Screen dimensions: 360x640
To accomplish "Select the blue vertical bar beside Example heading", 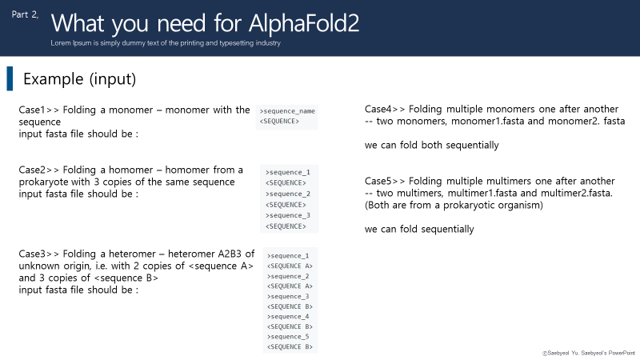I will (x=10, y=78).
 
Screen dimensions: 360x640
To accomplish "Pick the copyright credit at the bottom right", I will (x=588, y=351).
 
